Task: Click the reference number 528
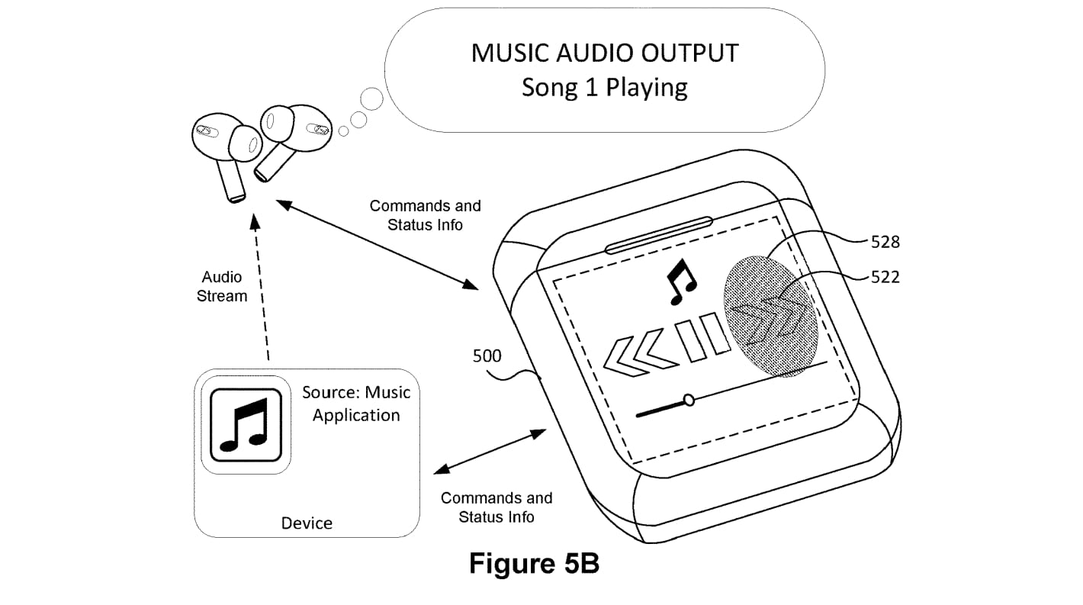click(x=885, y=242)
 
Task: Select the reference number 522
click(x=885, y=277)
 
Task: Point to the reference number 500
click(x=487, y=356)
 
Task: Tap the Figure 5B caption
click(x=534, y=564)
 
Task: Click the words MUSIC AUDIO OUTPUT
click(x=605, y=53)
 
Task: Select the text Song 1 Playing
click(x=604, y=88)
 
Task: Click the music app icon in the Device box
click(x=246, y=425)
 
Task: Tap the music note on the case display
click(x=681, y=282)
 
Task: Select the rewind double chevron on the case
click(x=639, y=356)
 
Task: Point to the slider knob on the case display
click(x=689, y=400)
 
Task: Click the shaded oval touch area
click(x=770, y=317)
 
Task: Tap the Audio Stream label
click(x=222, y=286)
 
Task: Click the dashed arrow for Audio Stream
click(x=262, y=288)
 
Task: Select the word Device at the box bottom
click(x=307, y=523)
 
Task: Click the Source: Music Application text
click(x=356, y=404)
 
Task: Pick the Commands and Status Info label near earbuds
click(x=426, y=215)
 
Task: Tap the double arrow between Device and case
click(x=490, y=451)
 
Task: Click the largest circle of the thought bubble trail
click(x=371, y=99)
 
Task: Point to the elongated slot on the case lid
click(x=659, y=235)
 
